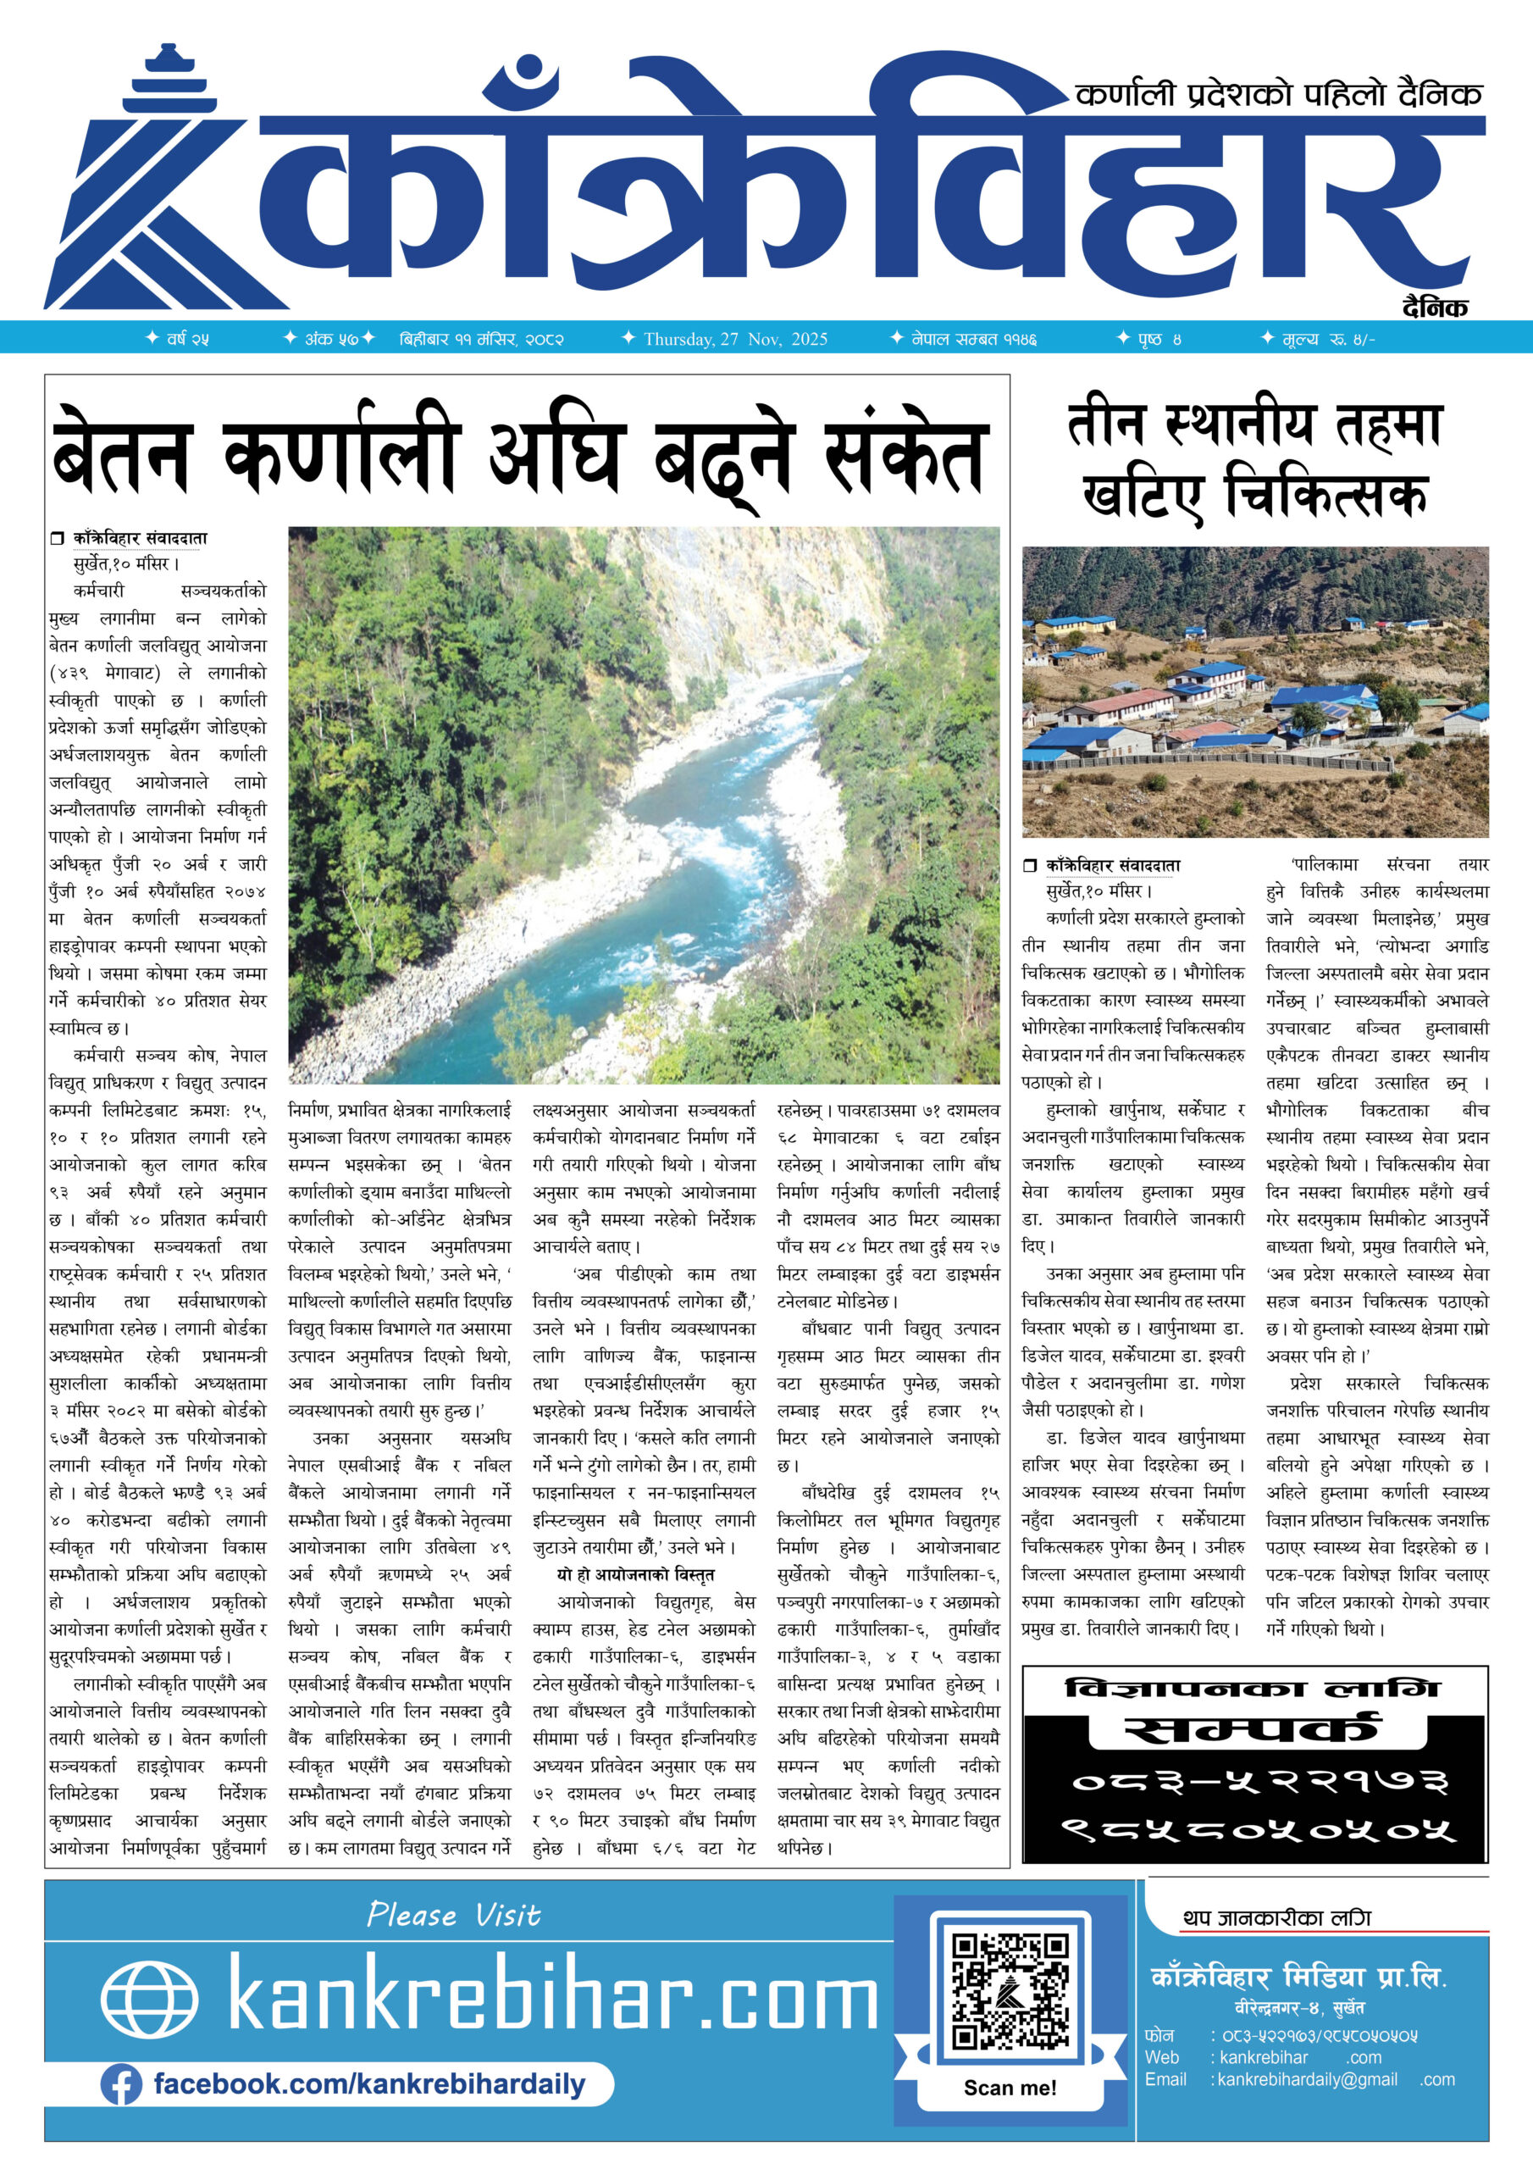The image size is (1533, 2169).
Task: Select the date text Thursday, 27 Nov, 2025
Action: point(735,339)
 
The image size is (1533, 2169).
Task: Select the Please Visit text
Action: point(453,1915)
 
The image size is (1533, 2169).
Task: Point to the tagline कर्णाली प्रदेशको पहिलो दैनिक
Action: point(1279,94)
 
